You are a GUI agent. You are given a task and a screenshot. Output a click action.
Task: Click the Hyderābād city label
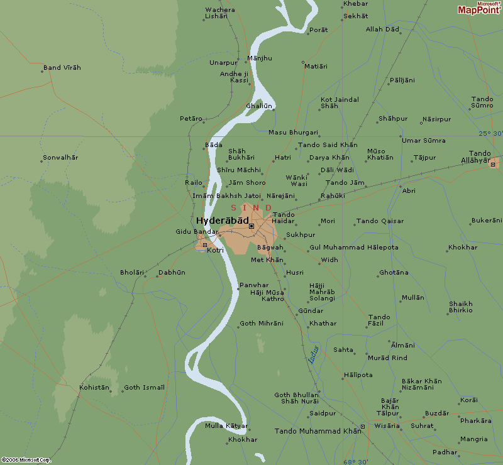click(222, 221)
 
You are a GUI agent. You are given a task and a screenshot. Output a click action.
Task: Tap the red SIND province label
click(251, 208)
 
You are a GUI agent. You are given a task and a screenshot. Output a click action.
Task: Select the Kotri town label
click(215, 250)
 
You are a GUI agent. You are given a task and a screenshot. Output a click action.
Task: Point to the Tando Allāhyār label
click(480, 157)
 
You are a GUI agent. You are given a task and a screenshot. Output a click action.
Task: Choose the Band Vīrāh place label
click(62, 68)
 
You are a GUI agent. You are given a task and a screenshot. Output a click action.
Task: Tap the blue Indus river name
click(314, 354)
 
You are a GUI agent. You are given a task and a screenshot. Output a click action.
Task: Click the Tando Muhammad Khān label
click(318, 431)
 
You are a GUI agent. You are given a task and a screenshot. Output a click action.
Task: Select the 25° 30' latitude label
click(490, 133)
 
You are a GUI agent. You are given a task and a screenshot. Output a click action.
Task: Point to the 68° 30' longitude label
click(356, 461)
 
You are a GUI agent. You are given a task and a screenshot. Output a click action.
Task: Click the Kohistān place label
click(94, 388)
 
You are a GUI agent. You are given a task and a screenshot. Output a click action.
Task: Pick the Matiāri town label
click(316, 66)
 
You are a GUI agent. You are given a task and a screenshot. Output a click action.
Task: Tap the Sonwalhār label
click(60, 157)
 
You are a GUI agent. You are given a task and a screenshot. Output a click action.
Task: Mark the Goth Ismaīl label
click(144, 388)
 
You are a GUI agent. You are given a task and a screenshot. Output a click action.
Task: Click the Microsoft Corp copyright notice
click(25, 461)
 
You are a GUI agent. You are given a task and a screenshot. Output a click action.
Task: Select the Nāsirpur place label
click(436, 119)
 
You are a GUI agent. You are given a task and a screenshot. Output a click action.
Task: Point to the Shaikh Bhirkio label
click(460, 307)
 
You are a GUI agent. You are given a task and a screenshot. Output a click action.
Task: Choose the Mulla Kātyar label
click(226, 426)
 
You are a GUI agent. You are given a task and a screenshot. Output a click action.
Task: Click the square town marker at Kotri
click(204, 244)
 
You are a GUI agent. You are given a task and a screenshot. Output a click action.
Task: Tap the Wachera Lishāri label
click(219, 13)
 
